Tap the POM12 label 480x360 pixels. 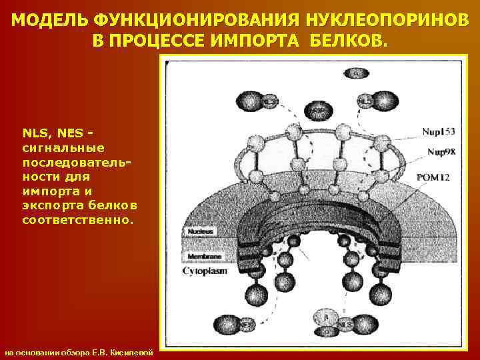point(434,177)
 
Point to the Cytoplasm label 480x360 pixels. point(205,271)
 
